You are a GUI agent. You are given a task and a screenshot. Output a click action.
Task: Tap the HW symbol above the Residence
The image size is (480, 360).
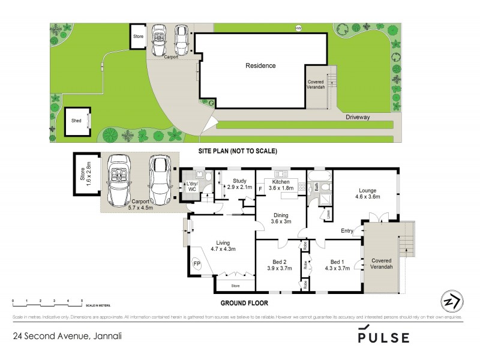tap(298, 28)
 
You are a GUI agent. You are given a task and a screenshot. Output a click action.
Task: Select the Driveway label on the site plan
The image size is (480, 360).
tap(358, 118)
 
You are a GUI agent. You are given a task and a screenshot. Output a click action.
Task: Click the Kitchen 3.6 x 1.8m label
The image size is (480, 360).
tap(280, 185)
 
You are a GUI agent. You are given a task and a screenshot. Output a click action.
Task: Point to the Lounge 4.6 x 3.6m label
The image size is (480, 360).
tap(367, 193)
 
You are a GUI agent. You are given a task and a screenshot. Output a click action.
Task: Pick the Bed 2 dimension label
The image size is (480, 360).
tap(280, 265)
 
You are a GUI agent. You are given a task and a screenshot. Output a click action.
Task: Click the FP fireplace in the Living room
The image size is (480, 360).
tap(197, 263)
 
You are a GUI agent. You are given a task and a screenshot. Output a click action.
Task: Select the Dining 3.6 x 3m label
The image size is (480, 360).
tap(280, 218)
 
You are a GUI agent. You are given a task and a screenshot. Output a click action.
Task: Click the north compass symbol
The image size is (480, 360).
tap(451, 300)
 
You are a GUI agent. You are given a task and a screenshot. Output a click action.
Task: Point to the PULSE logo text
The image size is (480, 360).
tap(383, 337)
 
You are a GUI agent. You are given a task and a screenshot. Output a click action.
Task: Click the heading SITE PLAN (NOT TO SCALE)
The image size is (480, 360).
tap(238, 151)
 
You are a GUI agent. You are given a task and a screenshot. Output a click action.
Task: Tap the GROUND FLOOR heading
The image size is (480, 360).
tap(244, 303)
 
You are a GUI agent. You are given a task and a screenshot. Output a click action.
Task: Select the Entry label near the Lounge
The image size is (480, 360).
tap(347, 231)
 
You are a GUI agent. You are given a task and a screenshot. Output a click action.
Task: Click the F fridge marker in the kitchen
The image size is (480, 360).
tap(260, 189)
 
